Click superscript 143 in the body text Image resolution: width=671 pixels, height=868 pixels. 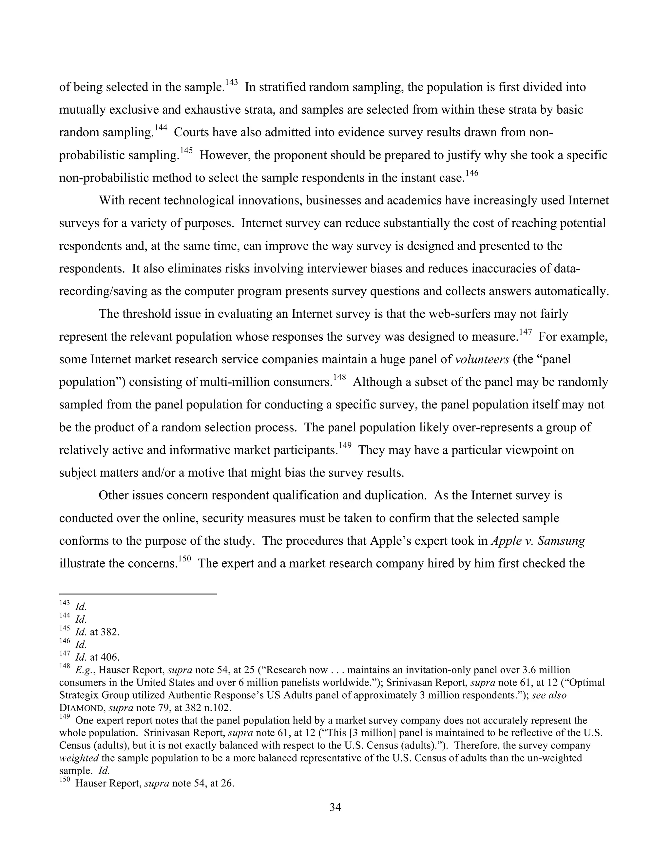coord(231,82)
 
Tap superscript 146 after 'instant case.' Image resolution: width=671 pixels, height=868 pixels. coord(472,173)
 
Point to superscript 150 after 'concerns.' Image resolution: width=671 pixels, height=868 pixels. coord(185,559)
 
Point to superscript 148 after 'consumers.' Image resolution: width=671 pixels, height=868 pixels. coord(339,378)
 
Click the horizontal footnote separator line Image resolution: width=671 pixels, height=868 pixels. coord(138,594)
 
